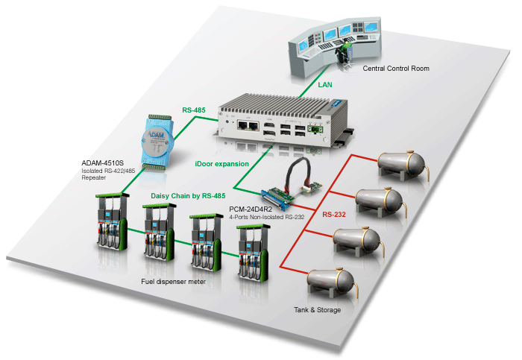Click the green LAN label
325,86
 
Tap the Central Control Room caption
395,69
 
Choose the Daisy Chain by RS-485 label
188,195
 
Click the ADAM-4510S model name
103,162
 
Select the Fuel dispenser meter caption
175,282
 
